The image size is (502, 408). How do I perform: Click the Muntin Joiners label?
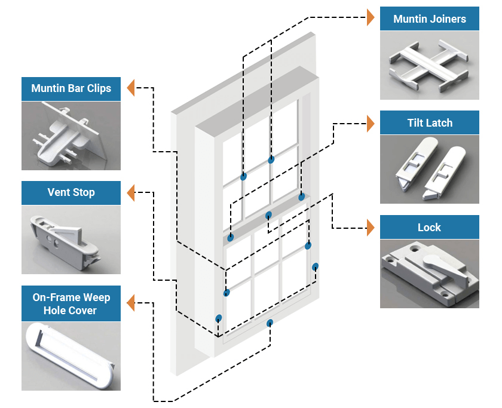(429, 19)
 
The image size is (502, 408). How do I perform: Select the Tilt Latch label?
(429, 123)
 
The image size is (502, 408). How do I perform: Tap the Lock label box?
(429, 228)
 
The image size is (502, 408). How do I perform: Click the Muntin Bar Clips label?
(71, 88)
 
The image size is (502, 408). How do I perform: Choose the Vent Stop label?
(71, 192)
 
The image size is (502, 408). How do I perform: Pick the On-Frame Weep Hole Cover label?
(71, 303)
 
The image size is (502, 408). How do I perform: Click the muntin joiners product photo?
(429, 65)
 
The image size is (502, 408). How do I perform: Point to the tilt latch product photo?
(429, 169)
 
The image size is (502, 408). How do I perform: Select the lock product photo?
(429, 274)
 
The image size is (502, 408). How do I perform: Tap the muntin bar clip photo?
(71, 135)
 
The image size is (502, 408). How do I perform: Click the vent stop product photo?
(71, 239)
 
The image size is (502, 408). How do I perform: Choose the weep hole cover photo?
(71, 356)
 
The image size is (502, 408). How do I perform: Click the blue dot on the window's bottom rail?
(270, 323)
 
